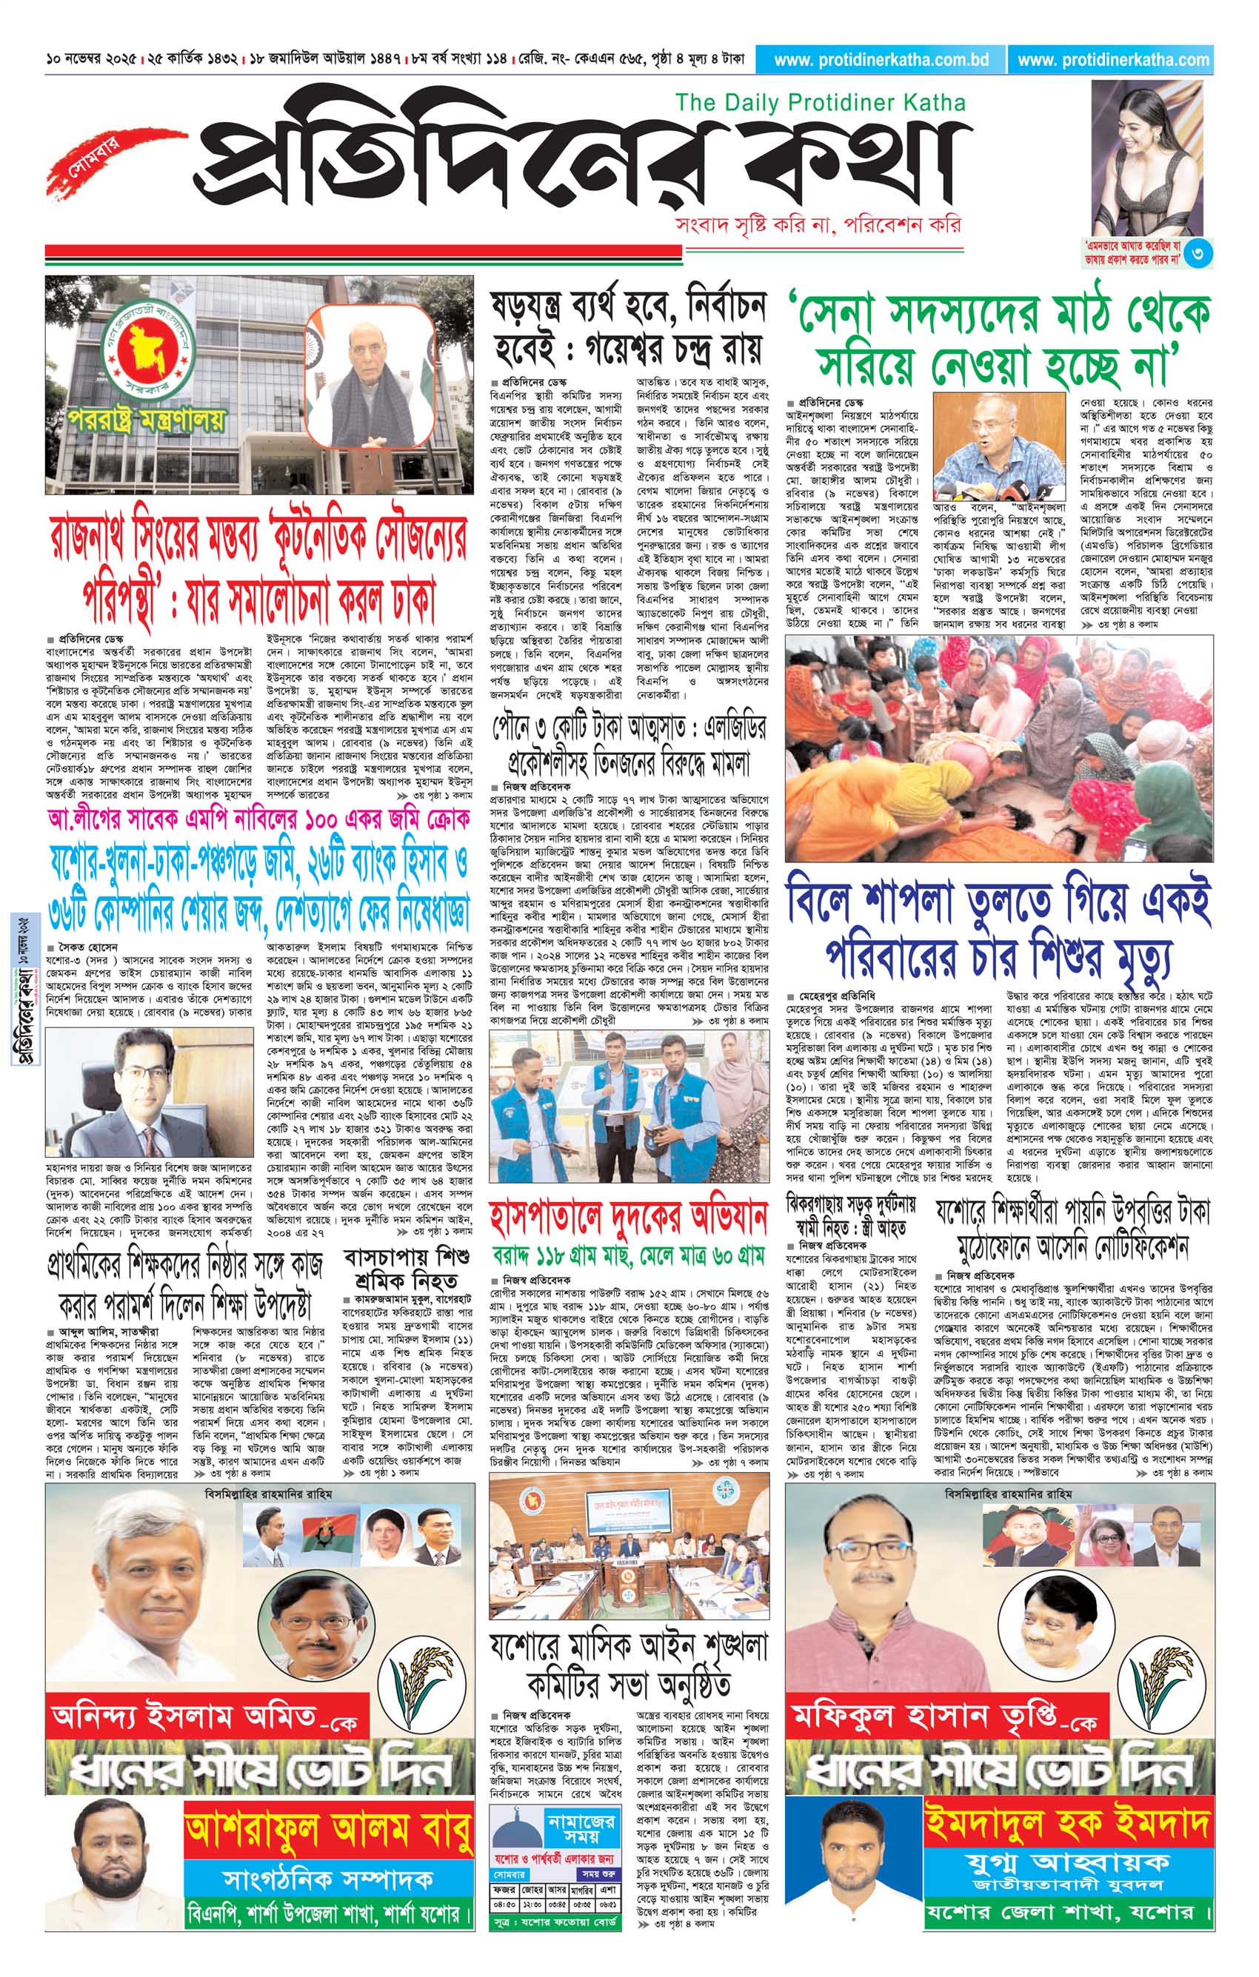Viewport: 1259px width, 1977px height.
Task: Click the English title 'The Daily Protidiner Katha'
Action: (x=820, y=104)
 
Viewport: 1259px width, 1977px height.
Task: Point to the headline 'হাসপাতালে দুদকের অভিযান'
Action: (x=628, y=1216)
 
